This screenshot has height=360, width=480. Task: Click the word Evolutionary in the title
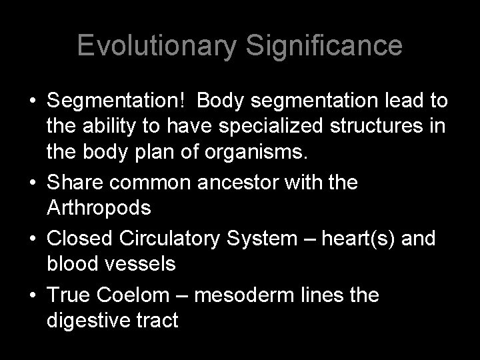point(155,46)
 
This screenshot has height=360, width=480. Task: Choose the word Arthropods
point(99,207)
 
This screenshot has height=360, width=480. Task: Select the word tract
point(157,321)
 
